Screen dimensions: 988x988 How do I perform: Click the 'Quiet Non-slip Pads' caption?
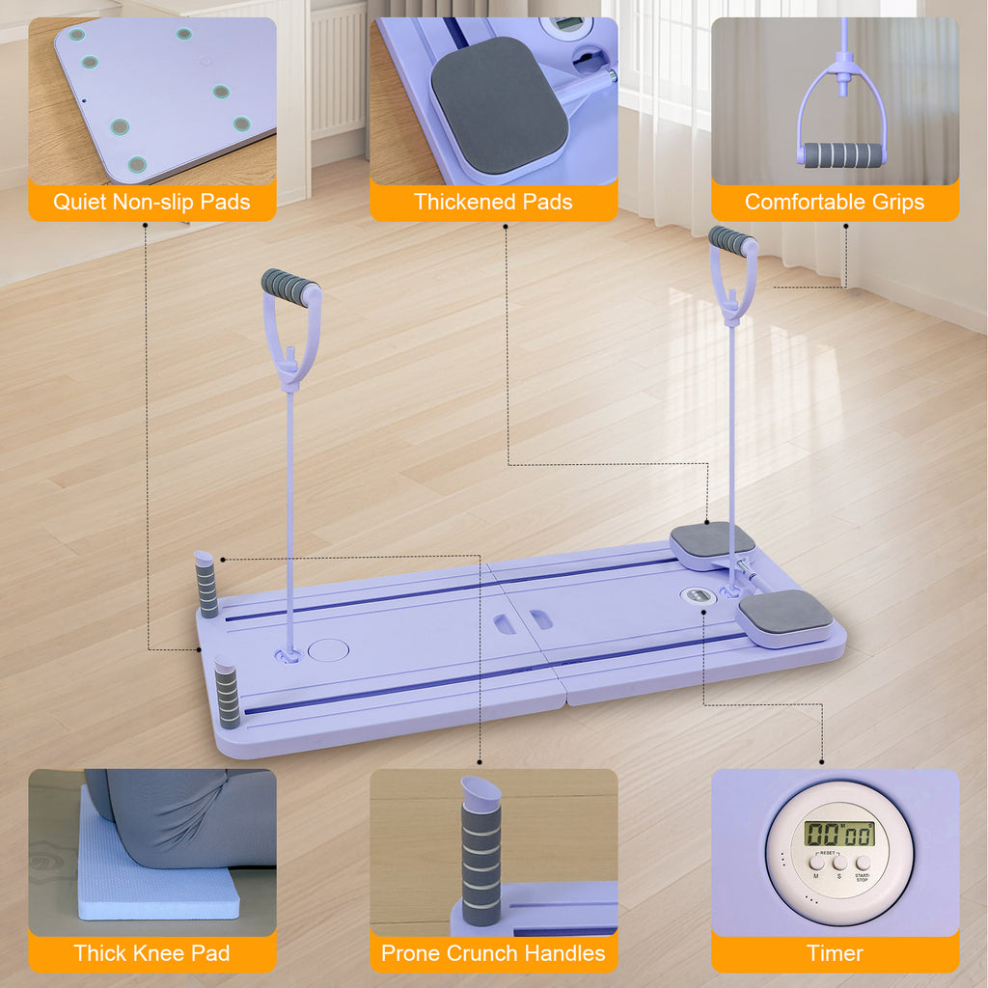coord(151,202)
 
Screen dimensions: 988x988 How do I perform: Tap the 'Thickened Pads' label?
coord(493,202)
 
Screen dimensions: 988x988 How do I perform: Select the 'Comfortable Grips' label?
coord(835,202)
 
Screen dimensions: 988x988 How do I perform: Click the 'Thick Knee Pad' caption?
coord(151,953)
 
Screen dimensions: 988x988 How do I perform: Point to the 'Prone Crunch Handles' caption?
coord(493,953)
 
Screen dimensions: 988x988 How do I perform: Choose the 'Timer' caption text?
coord(835,953)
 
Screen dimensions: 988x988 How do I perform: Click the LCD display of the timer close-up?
coord(839,835)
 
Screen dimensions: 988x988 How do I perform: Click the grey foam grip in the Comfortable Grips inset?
coord(842,154)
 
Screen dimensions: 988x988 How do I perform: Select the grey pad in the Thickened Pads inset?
coord(499,104)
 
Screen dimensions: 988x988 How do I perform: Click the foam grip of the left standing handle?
coord(289,287)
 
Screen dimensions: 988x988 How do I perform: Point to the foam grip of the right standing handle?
coord(731,241)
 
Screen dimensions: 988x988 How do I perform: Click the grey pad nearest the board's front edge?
coord(785,613)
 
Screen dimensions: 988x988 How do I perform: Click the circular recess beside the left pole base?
coord(328,648)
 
